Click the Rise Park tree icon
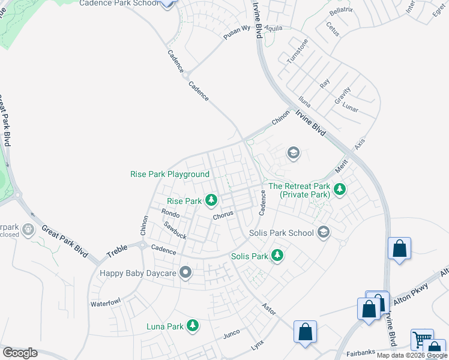(x=211, y=200)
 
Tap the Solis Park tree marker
(x=277, y=256)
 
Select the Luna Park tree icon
(x=193, y=326)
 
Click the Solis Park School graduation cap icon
(x=324, y=232)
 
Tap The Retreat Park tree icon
(x=340, y=189)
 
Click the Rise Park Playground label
(x=170, y=175)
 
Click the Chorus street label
(x=222, y=214)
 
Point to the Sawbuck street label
(x=175, y=230)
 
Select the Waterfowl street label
(x=106, y=304)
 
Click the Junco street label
(x=231, y=333)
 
